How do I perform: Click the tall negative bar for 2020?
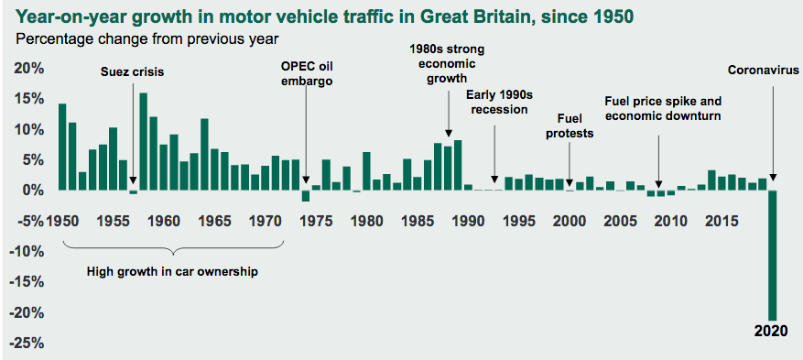(772, 255)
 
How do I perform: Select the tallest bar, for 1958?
(144, 142)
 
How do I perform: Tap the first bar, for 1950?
(62, 147)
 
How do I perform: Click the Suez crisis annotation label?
(132, 72)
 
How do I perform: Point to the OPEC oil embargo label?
(306, 73)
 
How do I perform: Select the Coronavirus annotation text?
(764, 71)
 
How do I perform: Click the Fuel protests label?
(570, 126)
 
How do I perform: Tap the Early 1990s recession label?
(496, 102)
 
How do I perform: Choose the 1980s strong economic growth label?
(448, 64)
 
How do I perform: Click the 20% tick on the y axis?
(27, 69)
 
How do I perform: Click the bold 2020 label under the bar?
(771, 331)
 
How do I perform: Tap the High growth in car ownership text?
(172, 271)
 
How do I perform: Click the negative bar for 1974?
(305, 196)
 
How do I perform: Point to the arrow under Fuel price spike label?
(658, 161)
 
